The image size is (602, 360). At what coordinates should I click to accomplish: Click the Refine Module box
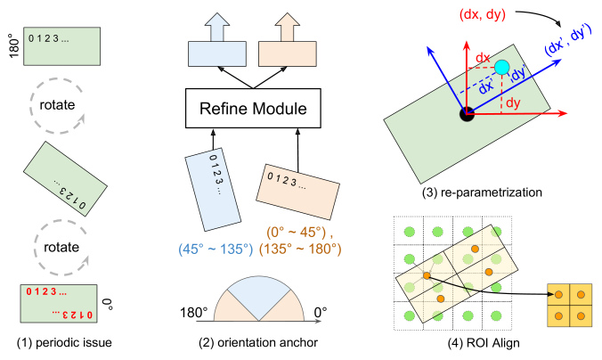[253, 109]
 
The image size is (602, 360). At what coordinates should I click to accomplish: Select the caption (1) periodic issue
[64, 342]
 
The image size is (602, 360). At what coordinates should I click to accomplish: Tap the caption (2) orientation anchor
[258, 342]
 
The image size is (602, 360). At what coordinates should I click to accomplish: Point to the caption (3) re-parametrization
[482, 192]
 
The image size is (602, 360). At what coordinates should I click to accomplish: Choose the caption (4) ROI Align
[484, 342]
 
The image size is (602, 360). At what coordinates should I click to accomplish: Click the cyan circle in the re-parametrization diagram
[501, 67]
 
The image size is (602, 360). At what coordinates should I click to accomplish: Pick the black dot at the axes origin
[467, 114]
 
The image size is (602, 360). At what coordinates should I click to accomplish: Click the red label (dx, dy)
[482, 14]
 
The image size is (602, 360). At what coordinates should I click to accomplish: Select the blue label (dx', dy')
[566, 40]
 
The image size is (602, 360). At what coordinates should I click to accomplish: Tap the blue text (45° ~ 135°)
[216, 249]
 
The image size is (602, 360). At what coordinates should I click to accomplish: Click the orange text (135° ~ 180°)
[300, 249]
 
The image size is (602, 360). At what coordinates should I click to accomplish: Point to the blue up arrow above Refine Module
[217, 27]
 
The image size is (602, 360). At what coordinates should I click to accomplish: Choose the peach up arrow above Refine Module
[287, 27]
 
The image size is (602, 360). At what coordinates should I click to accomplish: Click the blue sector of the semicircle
[259, 295]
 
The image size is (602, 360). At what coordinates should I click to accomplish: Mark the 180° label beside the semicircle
[194, 313]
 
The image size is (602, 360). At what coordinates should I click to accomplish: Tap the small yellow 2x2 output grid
[570, 306]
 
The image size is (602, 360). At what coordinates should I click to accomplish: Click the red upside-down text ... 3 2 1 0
[72, 315]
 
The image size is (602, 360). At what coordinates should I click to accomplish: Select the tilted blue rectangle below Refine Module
[213, 190]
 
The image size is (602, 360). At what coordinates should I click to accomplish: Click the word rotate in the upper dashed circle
[57, 104]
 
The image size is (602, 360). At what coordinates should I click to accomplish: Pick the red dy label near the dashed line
[513, 103]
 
